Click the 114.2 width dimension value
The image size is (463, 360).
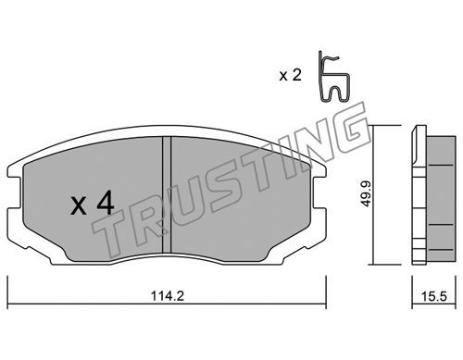point(168,296)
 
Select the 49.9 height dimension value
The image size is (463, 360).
point(366,193)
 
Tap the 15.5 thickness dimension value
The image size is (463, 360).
point(434,297)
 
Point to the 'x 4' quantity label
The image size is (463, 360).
point(92,203)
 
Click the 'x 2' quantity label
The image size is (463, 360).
point(290,75)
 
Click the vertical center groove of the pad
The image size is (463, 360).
point(167,195)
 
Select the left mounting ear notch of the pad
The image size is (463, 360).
point(14,192)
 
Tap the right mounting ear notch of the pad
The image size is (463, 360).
point(319,192)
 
